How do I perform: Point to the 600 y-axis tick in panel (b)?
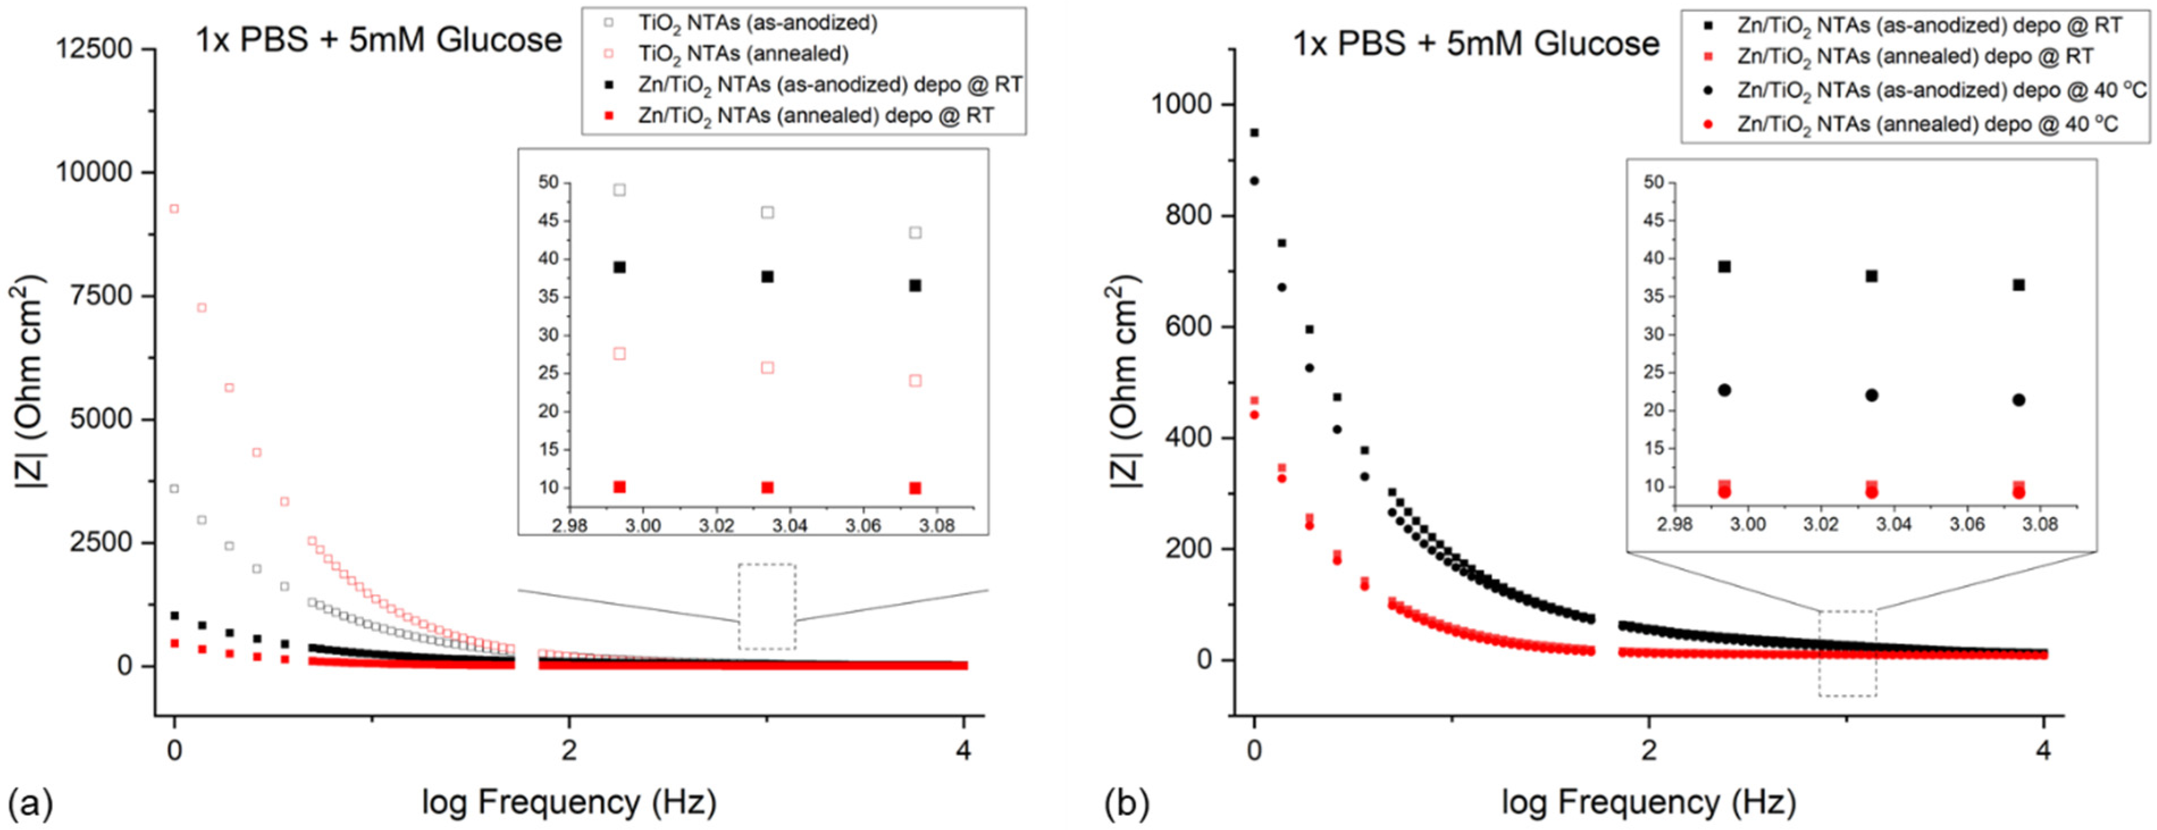click(x=1189, y=326)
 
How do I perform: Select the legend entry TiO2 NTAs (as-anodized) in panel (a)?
click(x=758, y=23)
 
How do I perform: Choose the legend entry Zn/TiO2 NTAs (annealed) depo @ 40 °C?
click(x=1926, y=125)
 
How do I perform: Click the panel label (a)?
click(x=30, y=803)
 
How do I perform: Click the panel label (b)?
click(x=1126, y=803)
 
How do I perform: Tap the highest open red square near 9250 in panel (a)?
click(x=174, y=208)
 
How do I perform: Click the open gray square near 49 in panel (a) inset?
click(x=620, y=190)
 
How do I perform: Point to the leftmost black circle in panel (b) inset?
click(x=1724, y=390)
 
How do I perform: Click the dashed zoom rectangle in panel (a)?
click(x=767, y=606)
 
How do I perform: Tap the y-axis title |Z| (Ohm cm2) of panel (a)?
click(x=30, y=385)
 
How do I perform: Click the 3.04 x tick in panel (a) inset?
click(x=789, y=525)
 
